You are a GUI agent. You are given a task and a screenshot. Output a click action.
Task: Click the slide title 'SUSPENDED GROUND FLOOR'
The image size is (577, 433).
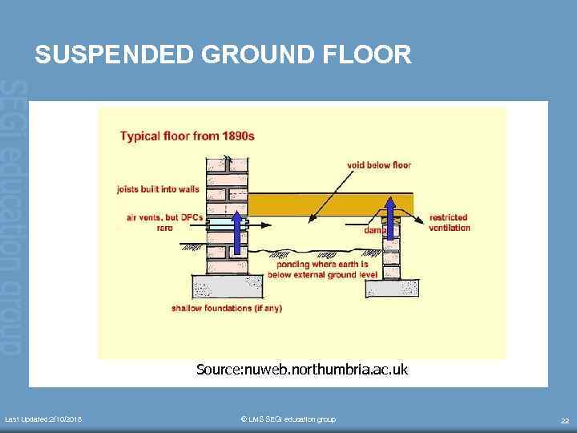224,55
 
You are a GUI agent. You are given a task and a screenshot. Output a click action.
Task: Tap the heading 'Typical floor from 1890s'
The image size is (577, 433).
187,136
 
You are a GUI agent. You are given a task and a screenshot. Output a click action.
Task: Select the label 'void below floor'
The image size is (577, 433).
378,165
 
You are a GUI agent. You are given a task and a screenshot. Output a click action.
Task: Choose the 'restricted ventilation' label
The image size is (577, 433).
449,222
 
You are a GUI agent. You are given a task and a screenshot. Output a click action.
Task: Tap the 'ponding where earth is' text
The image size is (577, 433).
321,265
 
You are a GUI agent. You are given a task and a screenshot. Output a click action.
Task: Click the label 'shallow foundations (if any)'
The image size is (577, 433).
227,308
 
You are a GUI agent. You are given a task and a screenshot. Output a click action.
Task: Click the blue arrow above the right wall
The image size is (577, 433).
391,216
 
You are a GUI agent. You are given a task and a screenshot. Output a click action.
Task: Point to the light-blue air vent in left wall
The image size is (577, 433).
218,227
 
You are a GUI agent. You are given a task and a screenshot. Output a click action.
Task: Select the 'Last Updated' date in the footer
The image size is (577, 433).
48,419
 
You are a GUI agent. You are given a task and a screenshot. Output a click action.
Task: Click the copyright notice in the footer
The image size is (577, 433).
288,419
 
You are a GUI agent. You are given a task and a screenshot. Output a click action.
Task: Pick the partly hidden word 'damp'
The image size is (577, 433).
374,230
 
